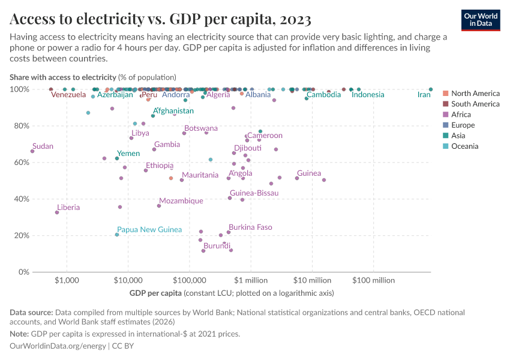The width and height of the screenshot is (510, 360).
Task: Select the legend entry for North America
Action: tap(475, 94)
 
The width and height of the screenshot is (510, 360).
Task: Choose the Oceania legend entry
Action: tap(464, 146)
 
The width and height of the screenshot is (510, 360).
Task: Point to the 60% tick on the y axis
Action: tap(20, 163)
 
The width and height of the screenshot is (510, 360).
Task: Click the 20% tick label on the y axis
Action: tap(20, 236)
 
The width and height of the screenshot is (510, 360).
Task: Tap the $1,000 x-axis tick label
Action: tap(67, 280)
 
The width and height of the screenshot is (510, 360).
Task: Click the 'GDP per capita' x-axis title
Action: tap(155, 293)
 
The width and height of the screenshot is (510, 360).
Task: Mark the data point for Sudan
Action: tap(32, 151)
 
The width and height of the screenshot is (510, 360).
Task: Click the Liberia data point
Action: tap(57, 212)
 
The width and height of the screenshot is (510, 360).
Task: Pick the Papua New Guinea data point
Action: tap(117, 235)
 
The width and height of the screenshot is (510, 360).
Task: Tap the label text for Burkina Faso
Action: tap(250, 227)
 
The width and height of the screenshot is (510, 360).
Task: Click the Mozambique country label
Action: tap(181, 201)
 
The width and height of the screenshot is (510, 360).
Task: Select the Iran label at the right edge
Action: tap(424, 95)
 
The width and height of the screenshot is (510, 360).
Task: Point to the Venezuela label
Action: tap(68, 95)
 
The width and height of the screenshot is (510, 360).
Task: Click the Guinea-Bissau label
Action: tap(254, 193)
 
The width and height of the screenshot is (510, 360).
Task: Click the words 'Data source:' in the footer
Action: tap(31, 313)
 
